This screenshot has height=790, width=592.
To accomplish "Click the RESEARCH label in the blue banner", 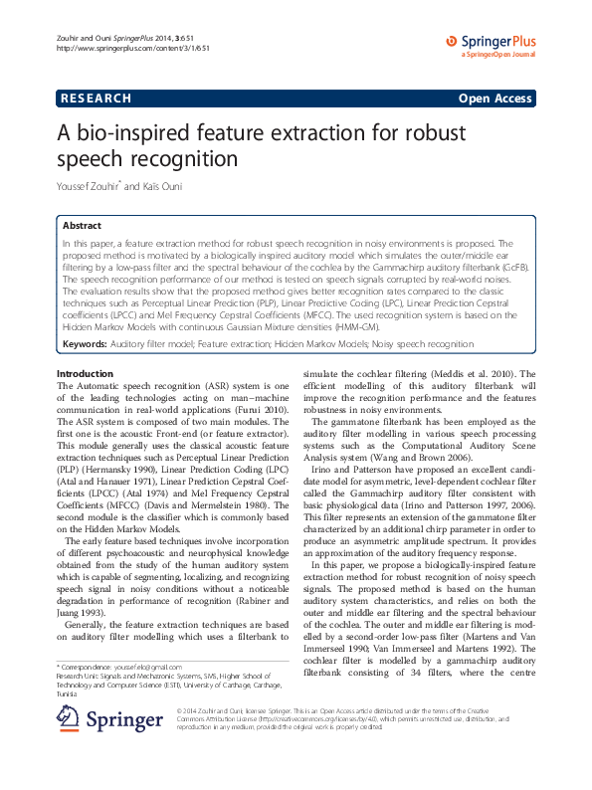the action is pos(97,99).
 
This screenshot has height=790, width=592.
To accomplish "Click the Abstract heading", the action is pos(83,227).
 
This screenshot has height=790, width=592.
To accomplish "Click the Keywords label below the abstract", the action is pos(85,343).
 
